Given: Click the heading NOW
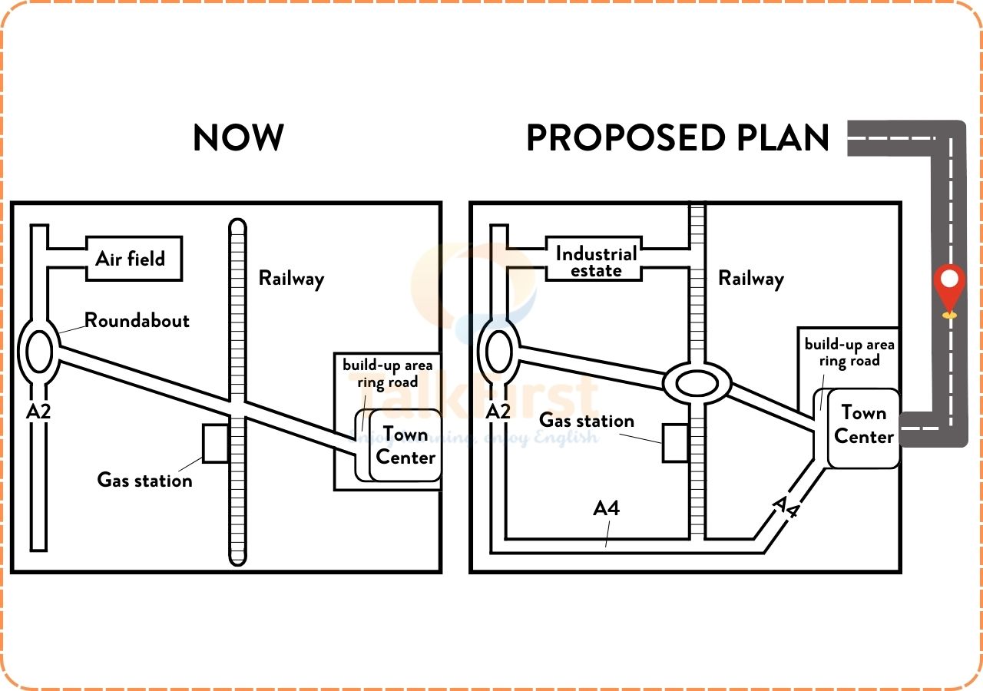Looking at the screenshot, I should [238, 138].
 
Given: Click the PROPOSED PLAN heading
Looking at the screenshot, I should [677, 138].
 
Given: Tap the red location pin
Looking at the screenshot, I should [950, 288].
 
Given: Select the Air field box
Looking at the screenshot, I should [132, 259].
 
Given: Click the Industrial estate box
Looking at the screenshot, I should [596, 261].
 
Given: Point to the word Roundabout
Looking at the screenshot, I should [137, 320].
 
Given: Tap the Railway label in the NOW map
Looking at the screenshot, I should [291, 278].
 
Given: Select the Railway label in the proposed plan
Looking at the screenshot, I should [750, 278].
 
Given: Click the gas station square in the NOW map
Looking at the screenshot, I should [215, 443].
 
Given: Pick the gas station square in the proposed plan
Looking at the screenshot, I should [675, 443].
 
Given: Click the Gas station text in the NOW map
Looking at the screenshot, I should [144, 481].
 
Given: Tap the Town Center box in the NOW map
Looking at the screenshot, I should [405, 446].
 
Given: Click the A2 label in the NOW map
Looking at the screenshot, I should [38, 412].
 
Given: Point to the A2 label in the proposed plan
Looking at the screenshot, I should [498, 412].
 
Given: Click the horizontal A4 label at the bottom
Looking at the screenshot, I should [607, 508].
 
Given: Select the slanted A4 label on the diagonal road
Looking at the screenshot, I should [785, 508].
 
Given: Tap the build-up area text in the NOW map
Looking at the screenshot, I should [387, 365].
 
